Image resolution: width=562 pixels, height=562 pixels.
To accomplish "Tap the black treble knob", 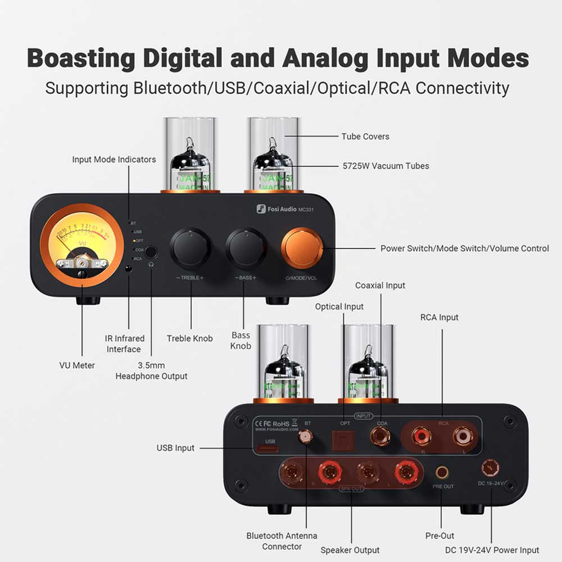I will pyautogui.click(x=191, y=248).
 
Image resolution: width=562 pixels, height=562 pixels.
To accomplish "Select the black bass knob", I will pyautogui.click(x=246, y=248).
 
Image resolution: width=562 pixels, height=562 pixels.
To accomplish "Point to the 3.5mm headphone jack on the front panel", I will pyautogui.click(x=150, y=252).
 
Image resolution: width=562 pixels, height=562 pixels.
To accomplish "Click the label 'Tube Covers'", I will pyautogui.click(x=365, y=137).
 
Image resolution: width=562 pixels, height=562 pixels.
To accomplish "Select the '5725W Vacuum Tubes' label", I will pyautogui.click(x=386, y=166).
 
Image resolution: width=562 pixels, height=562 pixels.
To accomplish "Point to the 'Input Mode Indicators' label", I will pyautogui.click(x=114, y=160).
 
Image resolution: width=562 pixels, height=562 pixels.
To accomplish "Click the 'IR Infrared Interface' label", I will pyautogui.click(x=124, y=344).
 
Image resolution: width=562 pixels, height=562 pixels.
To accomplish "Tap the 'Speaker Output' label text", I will pyautogui.click(x=350, y=550).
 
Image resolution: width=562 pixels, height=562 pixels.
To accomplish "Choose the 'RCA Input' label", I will pyautogui.click(x=439, y=318).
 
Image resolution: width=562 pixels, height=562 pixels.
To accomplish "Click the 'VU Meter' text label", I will pyautogui.click(x=77, y=365).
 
